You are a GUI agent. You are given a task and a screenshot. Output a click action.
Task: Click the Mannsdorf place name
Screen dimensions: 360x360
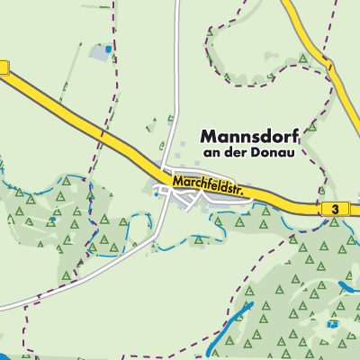(x=247, y=136)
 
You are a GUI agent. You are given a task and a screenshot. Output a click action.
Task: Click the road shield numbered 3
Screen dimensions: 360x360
(x=335, y=209)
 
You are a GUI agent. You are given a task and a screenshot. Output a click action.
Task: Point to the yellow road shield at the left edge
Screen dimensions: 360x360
(x=3, y=67)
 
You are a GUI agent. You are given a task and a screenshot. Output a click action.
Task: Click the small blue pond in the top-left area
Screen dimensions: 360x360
(x=108, y=49)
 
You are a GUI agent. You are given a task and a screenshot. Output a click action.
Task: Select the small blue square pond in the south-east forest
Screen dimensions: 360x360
(x=334, y=322)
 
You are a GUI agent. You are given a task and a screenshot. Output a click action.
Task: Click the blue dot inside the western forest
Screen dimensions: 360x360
(x=53, y=218)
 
